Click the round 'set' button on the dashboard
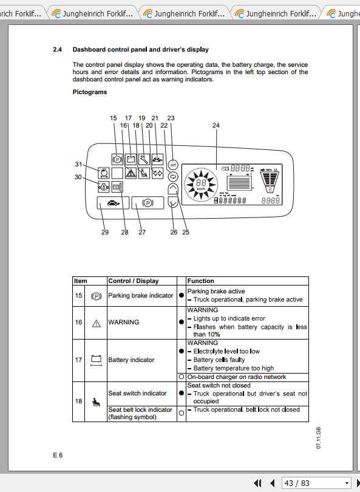[172, 163]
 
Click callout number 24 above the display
[216, 126]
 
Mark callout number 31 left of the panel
[78, 165]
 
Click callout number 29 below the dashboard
[105, 232]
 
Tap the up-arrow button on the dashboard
[172, 190]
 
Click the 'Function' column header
[200, 281]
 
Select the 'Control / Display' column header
[133, 281]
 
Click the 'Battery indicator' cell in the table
[131, 360]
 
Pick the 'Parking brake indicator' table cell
[140, 296]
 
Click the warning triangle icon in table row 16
[95, 323]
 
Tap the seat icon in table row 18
[95, 401]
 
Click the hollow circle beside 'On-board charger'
[181, 377]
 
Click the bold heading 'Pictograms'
[90, 92]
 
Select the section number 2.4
[58, 49]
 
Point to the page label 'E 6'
[57, 454]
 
